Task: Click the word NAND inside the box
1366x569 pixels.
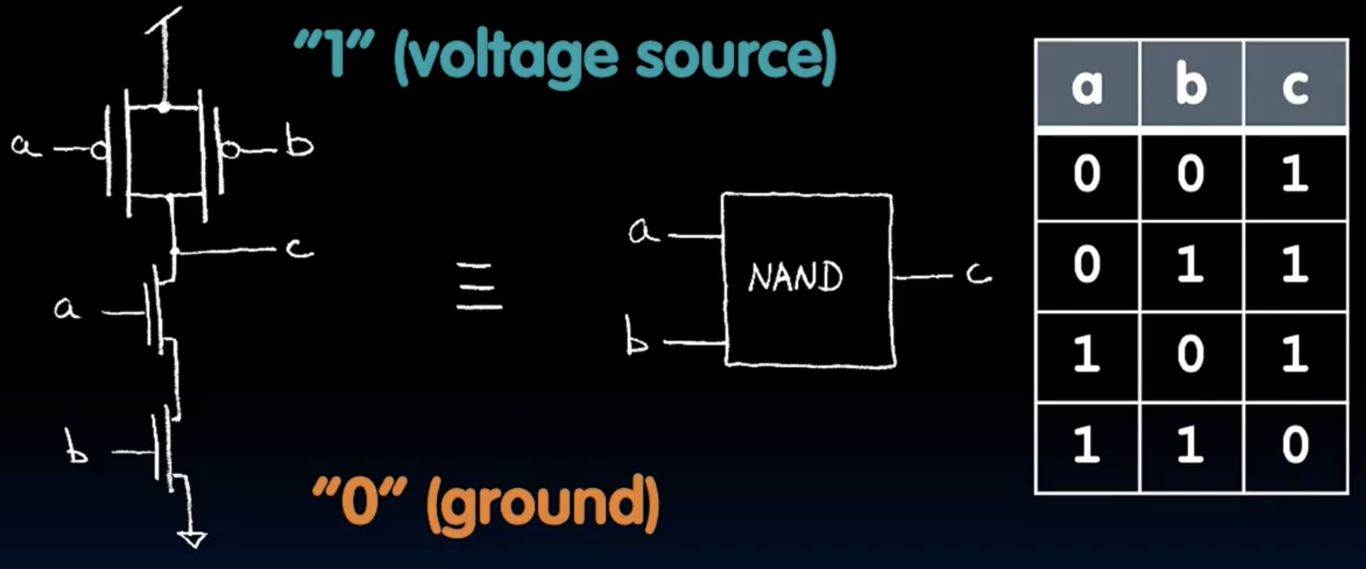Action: click(x=796, y=277)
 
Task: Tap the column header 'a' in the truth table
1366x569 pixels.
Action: click(x=1087, y=85)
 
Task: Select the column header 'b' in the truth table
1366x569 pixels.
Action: click(x=1191, y=84)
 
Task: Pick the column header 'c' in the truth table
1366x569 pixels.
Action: click(x=1295, y=85)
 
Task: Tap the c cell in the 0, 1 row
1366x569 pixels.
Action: click(x=1295, y=265)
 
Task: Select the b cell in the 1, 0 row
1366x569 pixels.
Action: click(x=1191, y=355)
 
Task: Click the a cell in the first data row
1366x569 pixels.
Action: click(x=1087, y=175)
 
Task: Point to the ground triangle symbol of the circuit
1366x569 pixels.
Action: click(x=192, y=539)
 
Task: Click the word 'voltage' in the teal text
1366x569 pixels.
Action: click(x=506, y=57)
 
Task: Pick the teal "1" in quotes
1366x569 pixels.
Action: click(x=335, y=55)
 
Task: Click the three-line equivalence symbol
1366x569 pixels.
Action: click(x=479, y=286)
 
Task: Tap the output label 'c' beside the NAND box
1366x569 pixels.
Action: click(x=978, y=274)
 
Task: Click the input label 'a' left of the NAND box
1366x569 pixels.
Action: click(x=643, y=231)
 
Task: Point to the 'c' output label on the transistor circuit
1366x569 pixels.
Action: click(x=300, y=247)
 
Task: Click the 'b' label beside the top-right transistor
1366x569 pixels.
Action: click(x=299, y=144)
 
